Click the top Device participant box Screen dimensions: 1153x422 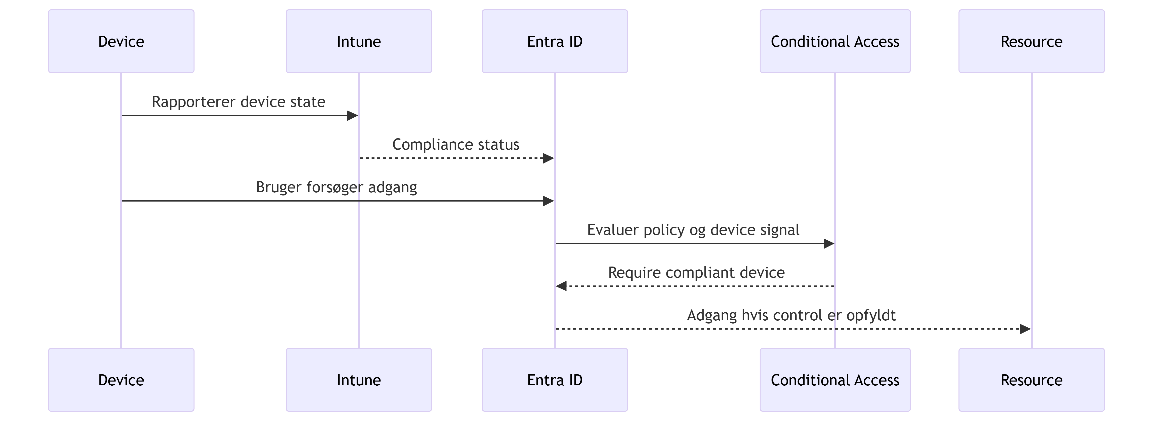pos(121,41)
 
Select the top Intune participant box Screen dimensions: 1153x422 pos(359,41)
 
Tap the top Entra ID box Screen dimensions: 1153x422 pos(555,41)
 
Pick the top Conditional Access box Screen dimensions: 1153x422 pos(835,41)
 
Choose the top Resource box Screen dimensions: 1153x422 pos(1032,41)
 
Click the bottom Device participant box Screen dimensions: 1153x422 pos(121,380)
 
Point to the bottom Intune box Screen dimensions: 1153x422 pos(359,380)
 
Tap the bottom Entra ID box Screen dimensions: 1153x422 pos(555,380)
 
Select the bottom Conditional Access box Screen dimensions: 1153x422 pos(835,380)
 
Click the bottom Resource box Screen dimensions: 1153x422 pos(1032,380)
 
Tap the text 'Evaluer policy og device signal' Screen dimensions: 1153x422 pos(693,230)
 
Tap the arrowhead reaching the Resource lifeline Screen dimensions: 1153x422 pos(1025,329)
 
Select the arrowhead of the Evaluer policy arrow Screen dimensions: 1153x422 pos(829,243)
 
